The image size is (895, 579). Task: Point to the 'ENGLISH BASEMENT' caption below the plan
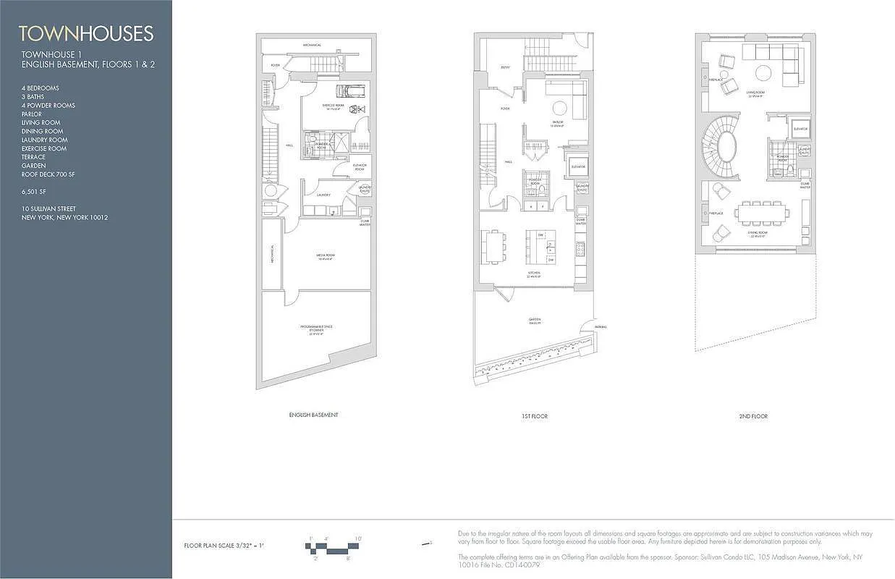pyautogui.click(x=313, y=415)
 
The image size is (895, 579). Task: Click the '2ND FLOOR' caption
pyautogui.click(x=753, y=416)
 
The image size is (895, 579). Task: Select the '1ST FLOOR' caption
pyautogui.click(x=534, y=416)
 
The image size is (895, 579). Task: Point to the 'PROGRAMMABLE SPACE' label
pyautogui.click(x=316, y=327)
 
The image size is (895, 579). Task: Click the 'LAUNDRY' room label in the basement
pyautogui.click(x=323, y=194)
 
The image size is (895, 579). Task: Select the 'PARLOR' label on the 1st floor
pyautogui.click(x=558, y=122)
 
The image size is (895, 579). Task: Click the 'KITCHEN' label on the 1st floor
pyautogui.click(x=534, y=274)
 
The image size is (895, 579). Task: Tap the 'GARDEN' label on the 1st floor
pyautogui.click(x=534, y=319)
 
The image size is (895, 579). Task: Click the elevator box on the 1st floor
pyautogui.click(x=578, y=166)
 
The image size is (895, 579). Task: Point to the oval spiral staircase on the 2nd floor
pyautogui.click(x=719, y=148)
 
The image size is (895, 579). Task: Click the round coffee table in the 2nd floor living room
pyautogui.click(x=763, y=72)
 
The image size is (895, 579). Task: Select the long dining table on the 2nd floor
pyautogui.click(x=762, y=213)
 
